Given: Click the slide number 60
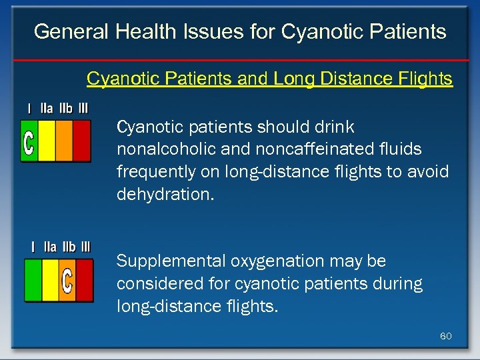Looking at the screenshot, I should click(446, 336).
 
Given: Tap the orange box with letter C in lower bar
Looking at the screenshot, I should click(67, 281).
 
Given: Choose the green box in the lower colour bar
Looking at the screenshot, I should click(33, 281).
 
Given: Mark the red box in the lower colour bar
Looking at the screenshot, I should click(85, 281).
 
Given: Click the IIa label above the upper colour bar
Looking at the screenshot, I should click(47, 108).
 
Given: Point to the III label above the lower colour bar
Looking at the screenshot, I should click(85, 247).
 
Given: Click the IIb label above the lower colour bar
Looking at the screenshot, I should click(69, 247).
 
